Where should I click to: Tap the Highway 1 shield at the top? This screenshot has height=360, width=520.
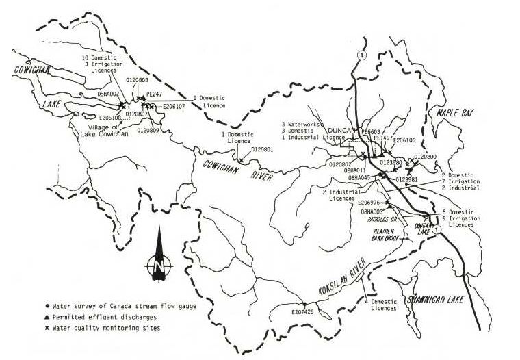[361, 55]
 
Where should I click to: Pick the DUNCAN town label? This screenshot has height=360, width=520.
[342, 130]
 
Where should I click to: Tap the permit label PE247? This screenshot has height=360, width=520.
[155, 94]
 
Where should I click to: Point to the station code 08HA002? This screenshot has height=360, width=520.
[109, 92]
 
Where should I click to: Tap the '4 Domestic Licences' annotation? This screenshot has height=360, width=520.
[380, 305]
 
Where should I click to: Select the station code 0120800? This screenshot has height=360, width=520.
[425, 157]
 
